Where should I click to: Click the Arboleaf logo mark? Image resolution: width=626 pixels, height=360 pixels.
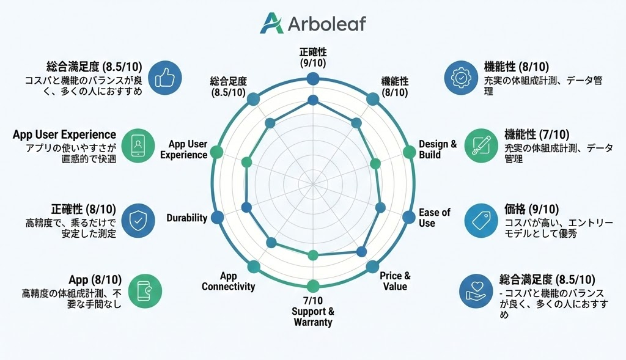271,23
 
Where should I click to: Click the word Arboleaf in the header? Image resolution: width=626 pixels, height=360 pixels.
326,24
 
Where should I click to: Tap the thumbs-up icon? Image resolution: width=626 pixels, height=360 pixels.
165,78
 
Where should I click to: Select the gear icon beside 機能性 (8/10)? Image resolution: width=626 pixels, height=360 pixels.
461,78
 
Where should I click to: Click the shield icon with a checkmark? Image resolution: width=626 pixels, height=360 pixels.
138,220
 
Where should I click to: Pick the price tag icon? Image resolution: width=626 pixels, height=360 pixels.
481,220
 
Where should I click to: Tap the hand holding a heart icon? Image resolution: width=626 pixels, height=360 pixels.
476,291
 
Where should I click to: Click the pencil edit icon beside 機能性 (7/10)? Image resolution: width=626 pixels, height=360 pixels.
482,145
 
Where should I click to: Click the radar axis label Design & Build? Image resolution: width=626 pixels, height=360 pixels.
438,149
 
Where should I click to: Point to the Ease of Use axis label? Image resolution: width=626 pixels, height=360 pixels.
435,218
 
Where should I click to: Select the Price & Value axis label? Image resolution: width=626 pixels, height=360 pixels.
395,281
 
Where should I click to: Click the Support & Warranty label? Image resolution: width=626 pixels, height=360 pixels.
313,317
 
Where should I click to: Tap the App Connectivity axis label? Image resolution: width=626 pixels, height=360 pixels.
229,281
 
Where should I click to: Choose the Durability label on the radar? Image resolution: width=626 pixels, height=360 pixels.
187,218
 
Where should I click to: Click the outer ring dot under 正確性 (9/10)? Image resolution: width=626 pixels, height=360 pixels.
313,79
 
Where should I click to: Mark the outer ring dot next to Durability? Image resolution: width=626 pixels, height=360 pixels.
217,217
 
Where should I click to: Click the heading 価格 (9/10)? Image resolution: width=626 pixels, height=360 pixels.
531,209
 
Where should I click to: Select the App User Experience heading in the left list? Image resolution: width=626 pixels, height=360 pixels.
64,134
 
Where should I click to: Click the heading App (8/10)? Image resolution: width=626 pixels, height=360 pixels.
95,279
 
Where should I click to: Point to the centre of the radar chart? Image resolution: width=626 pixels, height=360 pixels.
313,184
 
